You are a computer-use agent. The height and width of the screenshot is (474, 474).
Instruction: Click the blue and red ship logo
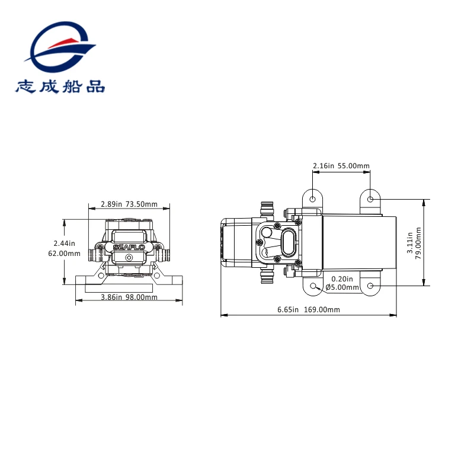(x=60, y=47)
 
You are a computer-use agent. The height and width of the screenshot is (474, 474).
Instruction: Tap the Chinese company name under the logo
(x=60, y=87)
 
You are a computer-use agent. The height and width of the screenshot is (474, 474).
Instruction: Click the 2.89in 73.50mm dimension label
(x=129, y=204)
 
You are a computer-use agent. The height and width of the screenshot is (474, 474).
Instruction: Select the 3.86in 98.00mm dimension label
(x=129, y=297)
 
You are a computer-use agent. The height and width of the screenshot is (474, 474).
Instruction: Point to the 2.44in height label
(x=65, y=244)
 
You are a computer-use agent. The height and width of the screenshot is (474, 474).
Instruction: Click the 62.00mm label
(x=65, y=254)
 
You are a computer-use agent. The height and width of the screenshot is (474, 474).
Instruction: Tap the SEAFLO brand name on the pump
(x=129, y=248)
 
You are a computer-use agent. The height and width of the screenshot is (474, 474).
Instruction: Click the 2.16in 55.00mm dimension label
(x=341, y=166)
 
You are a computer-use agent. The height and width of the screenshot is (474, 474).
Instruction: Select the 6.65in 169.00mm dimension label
(x=309, y=309)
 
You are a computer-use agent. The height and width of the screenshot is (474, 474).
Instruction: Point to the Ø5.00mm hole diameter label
(x=342, y=287)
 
